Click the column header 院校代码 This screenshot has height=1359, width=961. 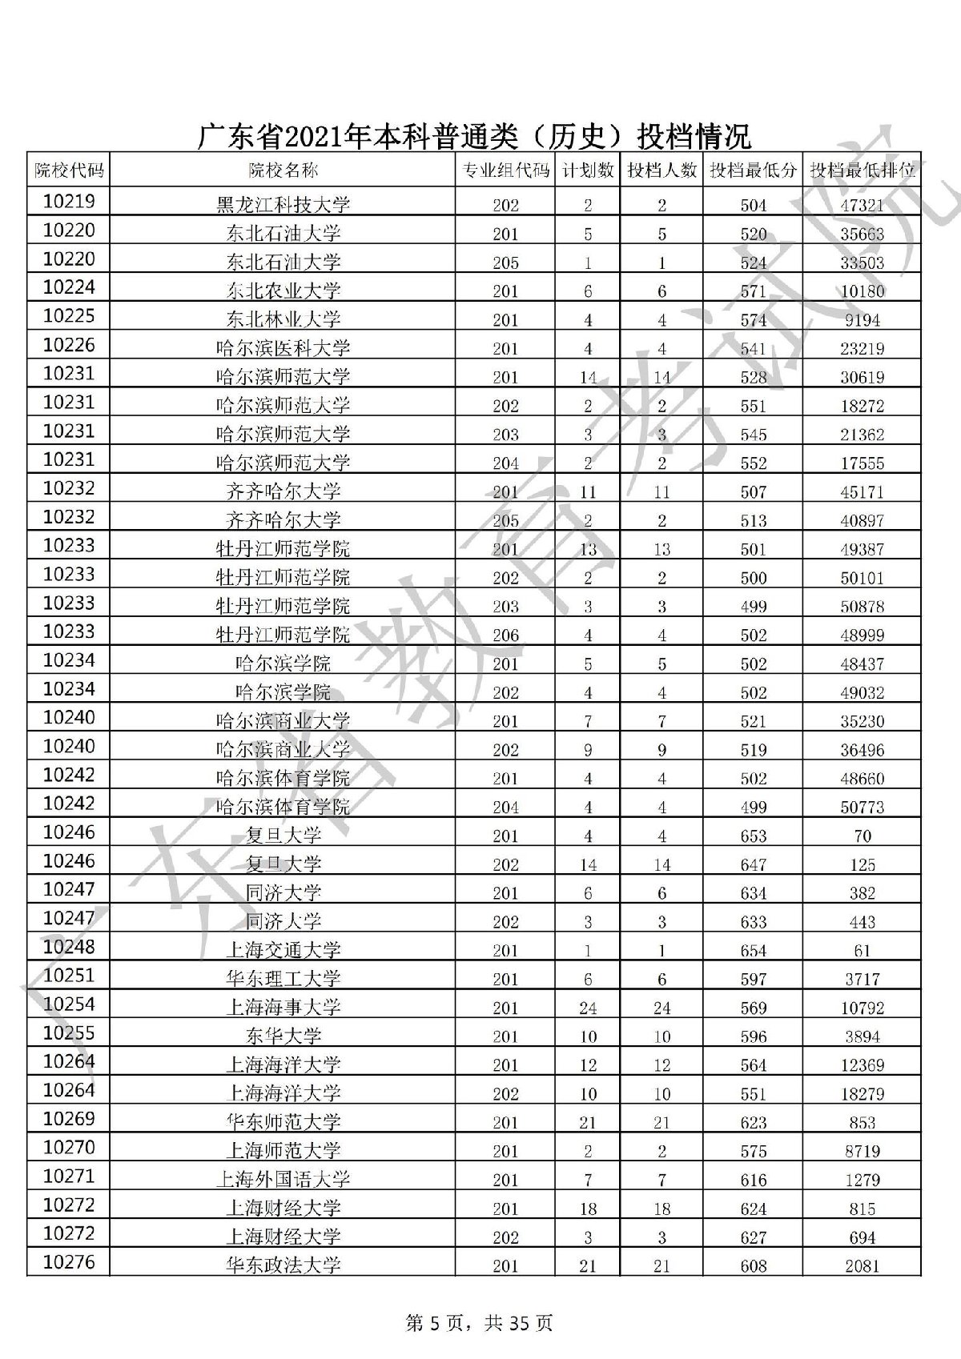(69, 170)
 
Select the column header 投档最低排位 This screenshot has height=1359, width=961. (862, 170)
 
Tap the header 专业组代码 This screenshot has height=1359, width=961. (505, 170)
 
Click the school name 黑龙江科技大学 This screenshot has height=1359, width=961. (283, 205)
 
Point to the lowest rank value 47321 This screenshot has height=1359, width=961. (862, 205)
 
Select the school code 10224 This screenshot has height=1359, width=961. (69, 287)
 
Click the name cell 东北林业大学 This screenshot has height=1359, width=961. (283, 319)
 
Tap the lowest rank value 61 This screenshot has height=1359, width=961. (862, 951)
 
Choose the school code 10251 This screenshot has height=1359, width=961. (69, 976)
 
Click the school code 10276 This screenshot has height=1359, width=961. (69, 1262)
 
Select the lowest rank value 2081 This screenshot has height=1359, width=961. (862, 1266)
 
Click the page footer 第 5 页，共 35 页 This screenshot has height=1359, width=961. (480, 1323)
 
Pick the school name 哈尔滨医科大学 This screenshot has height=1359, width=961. (283, 348)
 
